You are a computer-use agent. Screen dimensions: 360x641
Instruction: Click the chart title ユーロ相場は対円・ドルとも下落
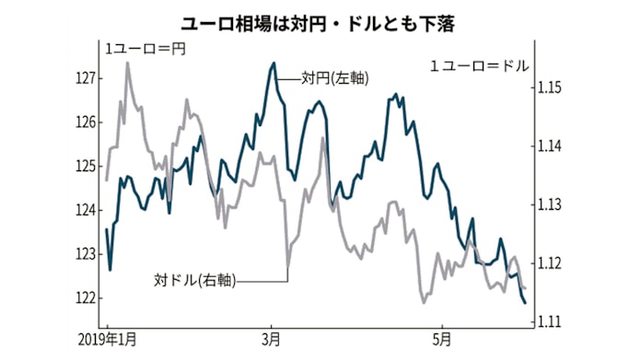coord(320,18)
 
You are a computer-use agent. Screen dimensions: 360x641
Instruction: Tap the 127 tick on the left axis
coord(87,78)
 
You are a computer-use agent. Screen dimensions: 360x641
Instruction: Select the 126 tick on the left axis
coord(87,122)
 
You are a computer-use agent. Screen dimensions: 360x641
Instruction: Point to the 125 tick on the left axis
coord(87,167)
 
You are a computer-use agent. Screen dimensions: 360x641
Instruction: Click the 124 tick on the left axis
coord(87,211)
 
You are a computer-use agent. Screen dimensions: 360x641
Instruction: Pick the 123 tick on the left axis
coord(87,254)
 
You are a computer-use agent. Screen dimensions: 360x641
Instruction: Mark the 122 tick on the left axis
coord(87,298)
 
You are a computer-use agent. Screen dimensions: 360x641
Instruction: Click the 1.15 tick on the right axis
coord(549,87)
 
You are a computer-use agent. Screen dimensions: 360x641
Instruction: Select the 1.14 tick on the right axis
coord(549,146)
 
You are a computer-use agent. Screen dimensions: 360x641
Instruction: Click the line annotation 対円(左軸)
coord(334,78)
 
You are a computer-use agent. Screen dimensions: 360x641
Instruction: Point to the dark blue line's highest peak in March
coord(274,64)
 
